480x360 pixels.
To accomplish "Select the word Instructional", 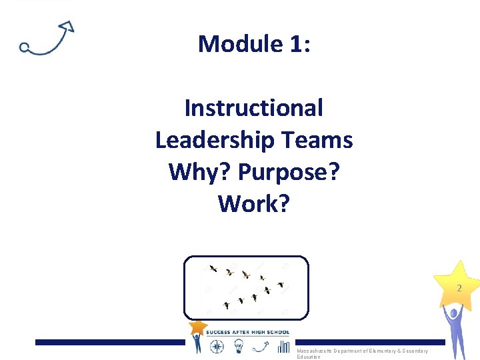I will [x=253, y=107].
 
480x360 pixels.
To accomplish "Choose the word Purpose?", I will [x=288, y=172].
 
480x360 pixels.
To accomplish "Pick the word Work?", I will [x=253, y=204].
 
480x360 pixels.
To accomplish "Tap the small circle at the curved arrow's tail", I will [x=24, y=47].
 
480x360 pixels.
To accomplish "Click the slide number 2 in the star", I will [x=459, y=289].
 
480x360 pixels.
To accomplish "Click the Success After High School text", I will [x=247, y=332].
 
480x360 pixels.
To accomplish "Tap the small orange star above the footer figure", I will [x=197, y=327].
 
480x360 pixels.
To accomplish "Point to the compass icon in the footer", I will [x=218, y=346].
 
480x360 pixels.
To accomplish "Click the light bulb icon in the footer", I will [x=239, y=346].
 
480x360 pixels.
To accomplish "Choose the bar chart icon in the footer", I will [x=283, y=346].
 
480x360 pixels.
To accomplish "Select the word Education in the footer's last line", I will [x=309, y=357].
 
